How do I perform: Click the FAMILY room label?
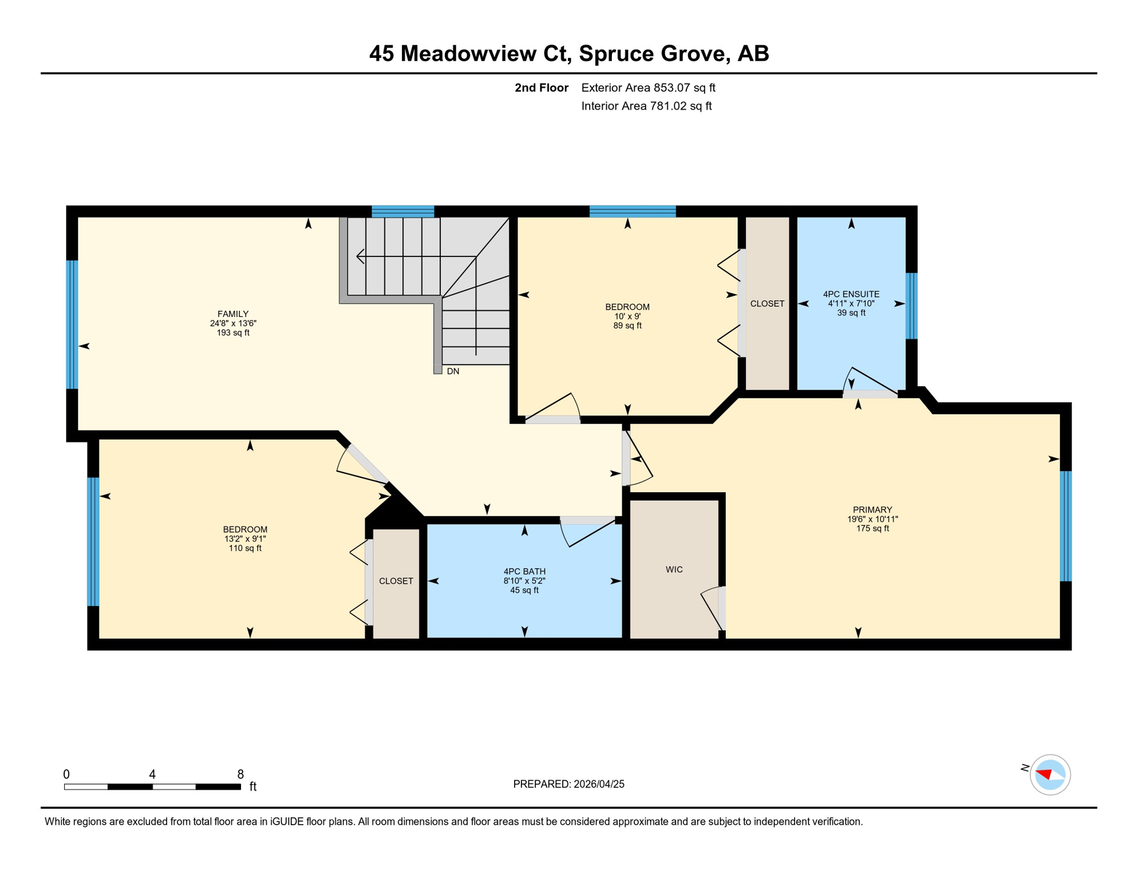tap(233, 314)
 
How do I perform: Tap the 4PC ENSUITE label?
tap(851, 294)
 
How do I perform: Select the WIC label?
tap(674, 569)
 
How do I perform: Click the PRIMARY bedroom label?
tap(872, 510)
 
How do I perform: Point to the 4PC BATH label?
tap(524, 571)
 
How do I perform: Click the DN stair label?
tap(453, 371)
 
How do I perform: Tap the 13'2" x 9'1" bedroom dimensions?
tap(245, 539)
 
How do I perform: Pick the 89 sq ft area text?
tap(627, 326)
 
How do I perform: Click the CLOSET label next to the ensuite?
tap(767, 304)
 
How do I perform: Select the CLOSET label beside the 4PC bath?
tap(396, 581)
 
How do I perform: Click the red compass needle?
tap(1044, 774)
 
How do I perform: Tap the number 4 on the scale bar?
tap(152, 774)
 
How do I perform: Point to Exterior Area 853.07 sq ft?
tap(648, 88)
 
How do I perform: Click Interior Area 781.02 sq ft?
tap(646, 106)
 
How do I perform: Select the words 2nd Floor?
tap(541, 88)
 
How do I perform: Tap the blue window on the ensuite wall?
tap(911, 306)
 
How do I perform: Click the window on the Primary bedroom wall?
tap(1065, 526)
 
